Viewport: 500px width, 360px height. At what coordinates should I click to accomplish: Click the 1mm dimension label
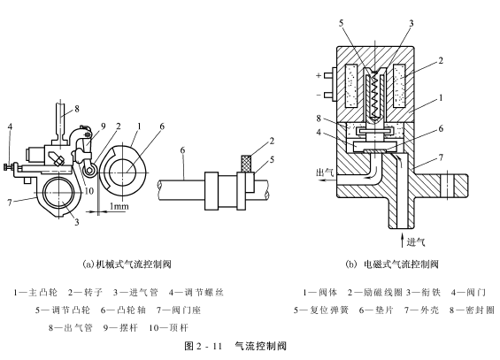[x=119, y=206]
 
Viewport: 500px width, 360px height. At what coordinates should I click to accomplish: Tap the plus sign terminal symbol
[x=319, y=75]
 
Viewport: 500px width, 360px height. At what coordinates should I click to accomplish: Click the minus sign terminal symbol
[x=319, y=95]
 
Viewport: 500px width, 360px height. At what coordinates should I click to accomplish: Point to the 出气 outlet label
[x=325, y=172]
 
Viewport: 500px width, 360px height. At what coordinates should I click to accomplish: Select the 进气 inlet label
[x=416, y=242]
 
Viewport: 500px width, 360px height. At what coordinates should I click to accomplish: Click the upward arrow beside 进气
[x=403, y=240]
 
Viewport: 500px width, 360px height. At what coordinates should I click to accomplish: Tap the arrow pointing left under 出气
[x=328, y=180]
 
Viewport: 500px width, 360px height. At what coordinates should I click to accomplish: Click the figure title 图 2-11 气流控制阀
[x=235, y=346]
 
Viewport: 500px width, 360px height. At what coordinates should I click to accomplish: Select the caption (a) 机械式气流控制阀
[x=127, y=264]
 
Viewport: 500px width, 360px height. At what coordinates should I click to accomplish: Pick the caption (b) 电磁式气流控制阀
[x=392, y=264]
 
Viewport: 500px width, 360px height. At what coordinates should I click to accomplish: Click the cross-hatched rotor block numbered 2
[x=247, y=164]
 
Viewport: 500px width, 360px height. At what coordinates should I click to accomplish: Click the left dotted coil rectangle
[x=352, y=86]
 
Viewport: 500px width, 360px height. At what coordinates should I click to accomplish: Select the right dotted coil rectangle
[x=399, y=86]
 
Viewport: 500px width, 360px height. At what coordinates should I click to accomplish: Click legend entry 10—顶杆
[x=169, y=328]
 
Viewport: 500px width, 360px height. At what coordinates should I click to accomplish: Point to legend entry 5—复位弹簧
[x=321, y=310]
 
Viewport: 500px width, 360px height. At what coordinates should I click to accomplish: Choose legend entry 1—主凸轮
[x=35, y=292]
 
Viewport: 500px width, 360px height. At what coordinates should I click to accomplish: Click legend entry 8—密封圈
[x=473, y=310]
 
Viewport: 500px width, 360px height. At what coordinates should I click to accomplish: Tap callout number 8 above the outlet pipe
[x=76, y=109]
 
